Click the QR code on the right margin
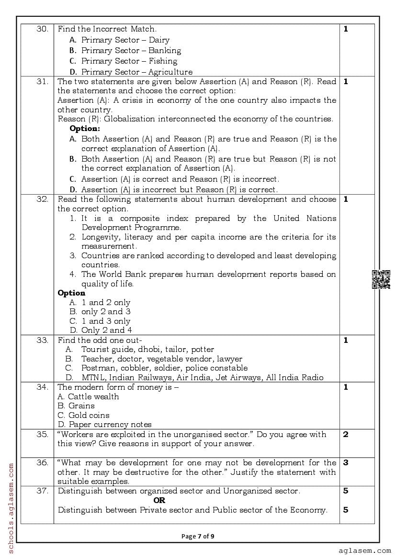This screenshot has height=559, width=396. [381, 280]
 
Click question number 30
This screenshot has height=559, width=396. [42, 29]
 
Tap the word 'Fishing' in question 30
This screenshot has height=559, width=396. [163, 61]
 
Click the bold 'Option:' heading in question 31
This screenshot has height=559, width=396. [85, 129]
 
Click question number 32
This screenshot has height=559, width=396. [42, 199]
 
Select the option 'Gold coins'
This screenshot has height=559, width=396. [89, 415]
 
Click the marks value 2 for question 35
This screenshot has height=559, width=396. [346, 434]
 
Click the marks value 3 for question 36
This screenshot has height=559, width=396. [346, 462]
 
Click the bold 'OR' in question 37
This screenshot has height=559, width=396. [159, 500]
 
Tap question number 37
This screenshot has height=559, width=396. [42, 491]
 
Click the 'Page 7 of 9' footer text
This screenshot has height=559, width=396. [197, 536]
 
